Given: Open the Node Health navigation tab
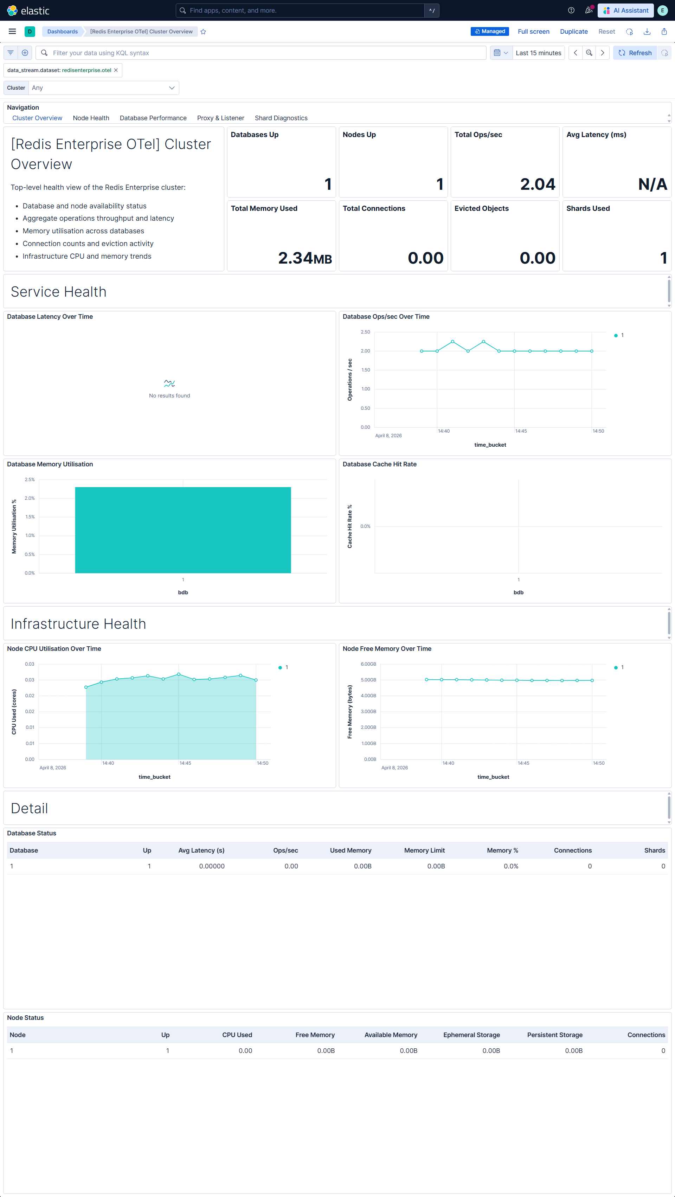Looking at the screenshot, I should coord(91,118).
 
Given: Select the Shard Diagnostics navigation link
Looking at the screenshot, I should coord(281,118).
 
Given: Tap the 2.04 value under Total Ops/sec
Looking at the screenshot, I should coord(538,185).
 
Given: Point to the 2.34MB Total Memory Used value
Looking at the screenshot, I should coord(304,258).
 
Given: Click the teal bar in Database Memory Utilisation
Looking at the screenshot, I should coord(183,530).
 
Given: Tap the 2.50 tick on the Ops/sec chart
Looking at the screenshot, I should coord(365,332).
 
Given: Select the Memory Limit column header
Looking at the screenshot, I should coord(424,850).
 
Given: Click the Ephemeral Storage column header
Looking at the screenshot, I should coord(471,1035).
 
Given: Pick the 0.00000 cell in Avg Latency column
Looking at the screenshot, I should coord(212,866).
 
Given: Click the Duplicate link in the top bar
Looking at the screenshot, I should coord(574,32).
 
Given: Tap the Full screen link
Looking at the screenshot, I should coord(533,32).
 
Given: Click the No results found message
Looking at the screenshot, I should coord(169,395).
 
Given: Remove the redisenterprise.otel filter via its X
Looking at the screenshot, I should coord(116,70).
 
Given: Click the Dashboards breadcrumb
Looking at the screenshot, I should coord(62,32).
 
